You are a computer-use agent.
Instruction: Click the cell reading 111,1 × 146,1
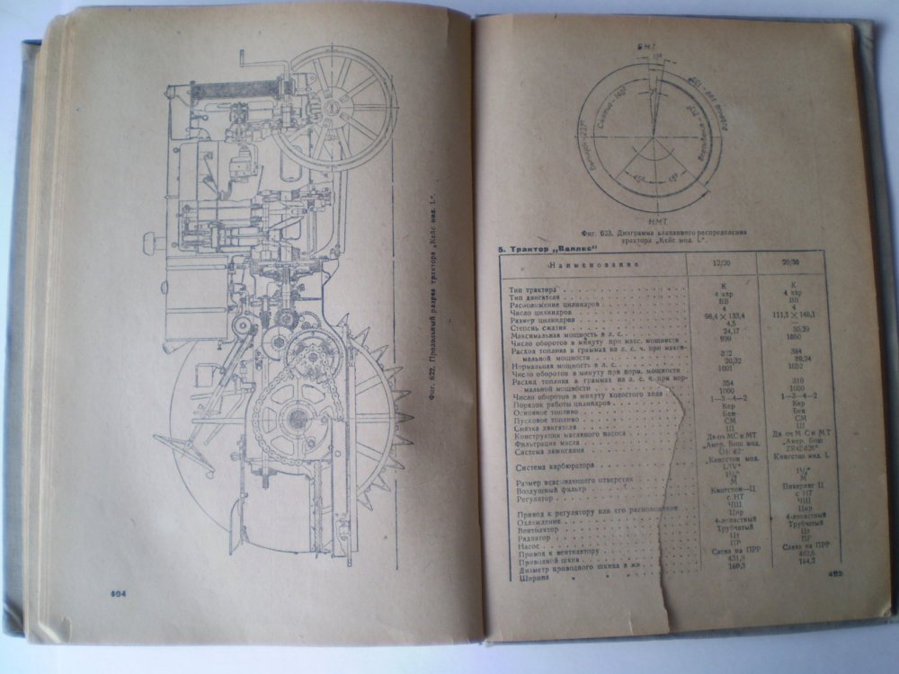(792, 315)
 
